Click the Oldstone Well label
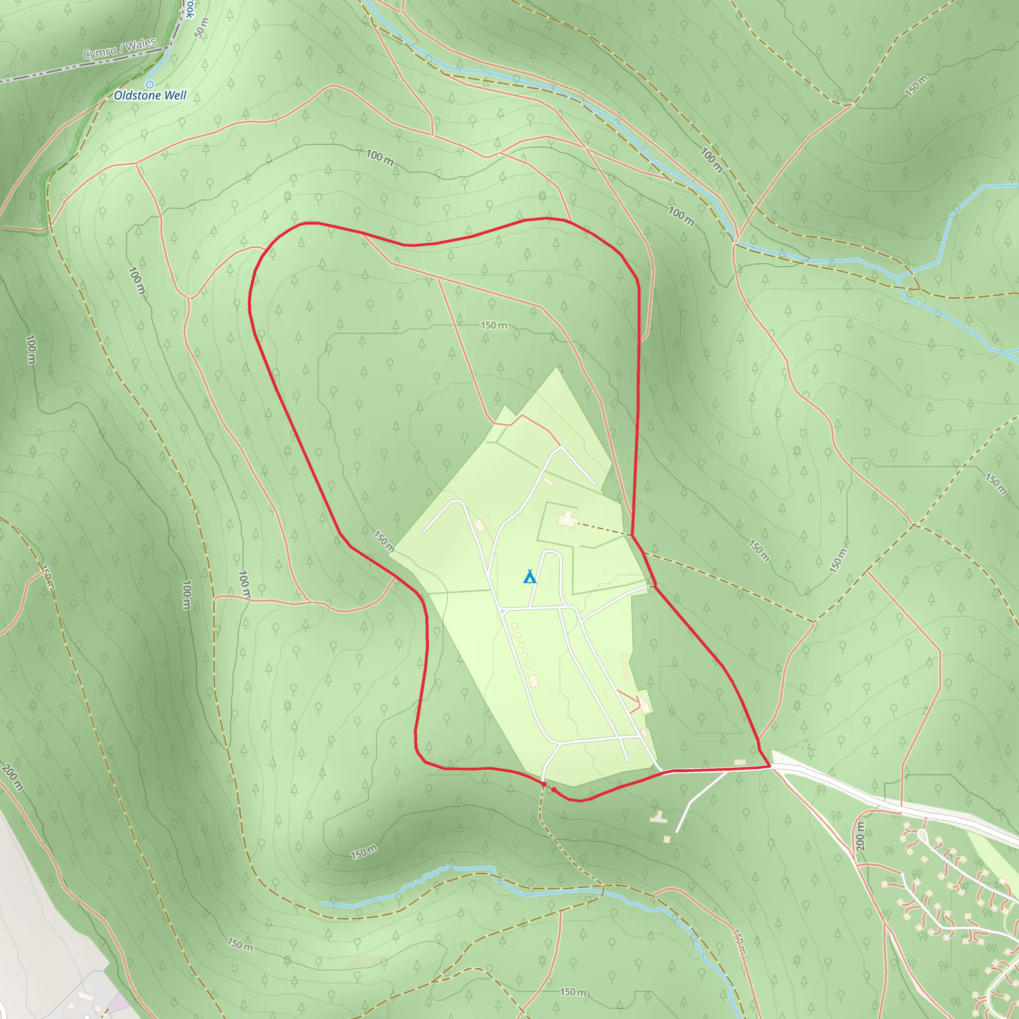pyautogui.click(x=150, y=96)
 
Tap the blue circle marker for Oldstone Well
pyautogui.click(x=150, y=85)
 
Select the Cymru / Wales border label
pyautogui.click(x=120, y=48)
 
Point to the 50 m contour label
pyautogui.click(x=201, y=27)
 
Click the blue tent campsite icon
pyautogui.click(x=529, y=577)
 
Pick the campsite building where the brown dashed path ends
pyautogui.click(x=568, y=518)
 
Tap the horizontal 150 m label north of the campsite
pyautogui.click(x=494, y=325)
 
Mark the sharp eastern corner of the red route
pyautogui.click(x=770, y=765)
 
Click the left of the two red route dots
pyautogui.click(x=544, y=784)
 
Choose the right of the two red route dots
pyautogui.click(x=554, y=790)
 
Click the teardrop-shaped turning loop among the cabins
pyautogui.click(x=922, y=835)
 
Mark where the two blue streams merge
pyautogui.click(x=897, y=276)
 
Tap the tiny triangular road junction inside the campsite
pyautogui.click(x=503, y=612)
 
